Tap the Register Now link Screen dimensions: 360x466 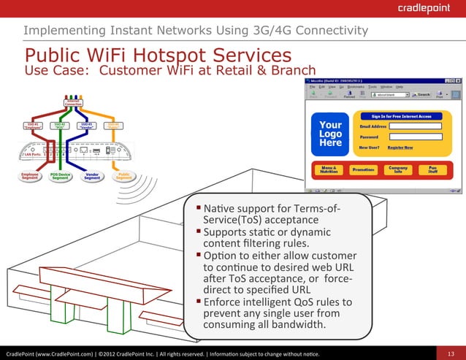point(400,148)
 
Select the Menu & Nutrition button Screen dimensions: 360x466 point(329,169)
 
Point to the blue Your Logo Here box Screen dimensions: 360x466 point(330,134)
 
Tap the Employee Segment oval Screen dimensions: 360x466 point(30,177)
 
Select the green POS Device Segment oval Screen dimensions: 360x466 point(61,177)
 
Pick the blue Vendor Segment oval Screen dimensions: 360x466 point(92,177)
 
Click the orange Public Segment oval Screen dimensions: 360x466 point(123,177)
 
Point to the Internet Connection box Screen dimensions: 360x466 point(73,103)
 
